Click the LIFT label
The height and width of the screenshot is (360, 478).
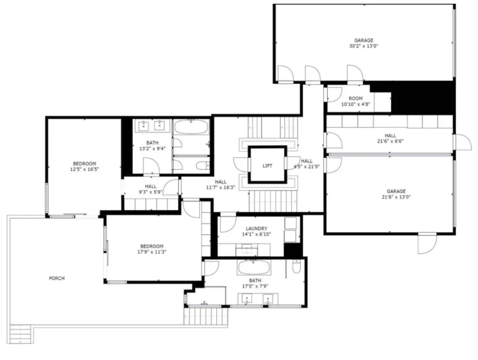267,166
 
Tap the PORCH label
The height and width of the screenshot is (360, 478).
57,278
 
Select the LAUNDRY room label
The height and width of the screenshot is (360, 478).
256,229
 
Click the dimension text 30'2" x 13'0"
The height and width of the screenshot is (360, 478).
364,46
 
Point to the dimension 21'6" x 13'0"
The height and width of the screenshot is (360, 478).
396,197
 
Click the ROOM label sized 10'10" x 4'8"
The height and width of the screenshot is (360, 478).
356,98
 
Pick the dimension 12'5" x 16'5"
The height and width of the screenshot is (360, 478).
85,169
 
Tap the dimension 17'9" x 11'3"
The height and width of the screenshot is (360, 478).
152,252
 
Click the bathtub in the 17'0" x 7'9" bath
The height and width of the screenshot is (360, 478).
254,267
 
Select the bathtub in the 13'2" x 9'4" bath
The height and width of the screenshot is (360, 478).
191,127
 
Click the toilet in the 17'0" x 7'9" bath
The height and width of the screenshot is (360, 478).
296,266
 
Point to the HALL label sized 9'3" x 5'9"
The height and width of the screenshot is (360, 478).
151,186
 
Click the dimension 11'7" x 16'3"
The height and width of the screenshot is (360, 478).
221,187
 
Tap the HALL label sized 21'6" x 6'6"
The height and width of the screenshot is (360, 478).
391,135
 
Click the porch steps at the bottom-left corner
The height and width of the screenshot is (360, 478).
21,334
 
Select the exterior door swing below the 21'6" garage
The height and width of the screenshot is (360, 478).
427,244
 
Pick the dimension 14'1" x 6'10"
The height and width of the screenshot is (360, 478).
256,234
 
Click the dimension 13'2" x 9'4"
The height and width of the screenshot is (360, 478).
152,149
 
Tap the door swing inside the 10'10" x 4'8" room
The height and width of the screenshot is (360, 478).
335,95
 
